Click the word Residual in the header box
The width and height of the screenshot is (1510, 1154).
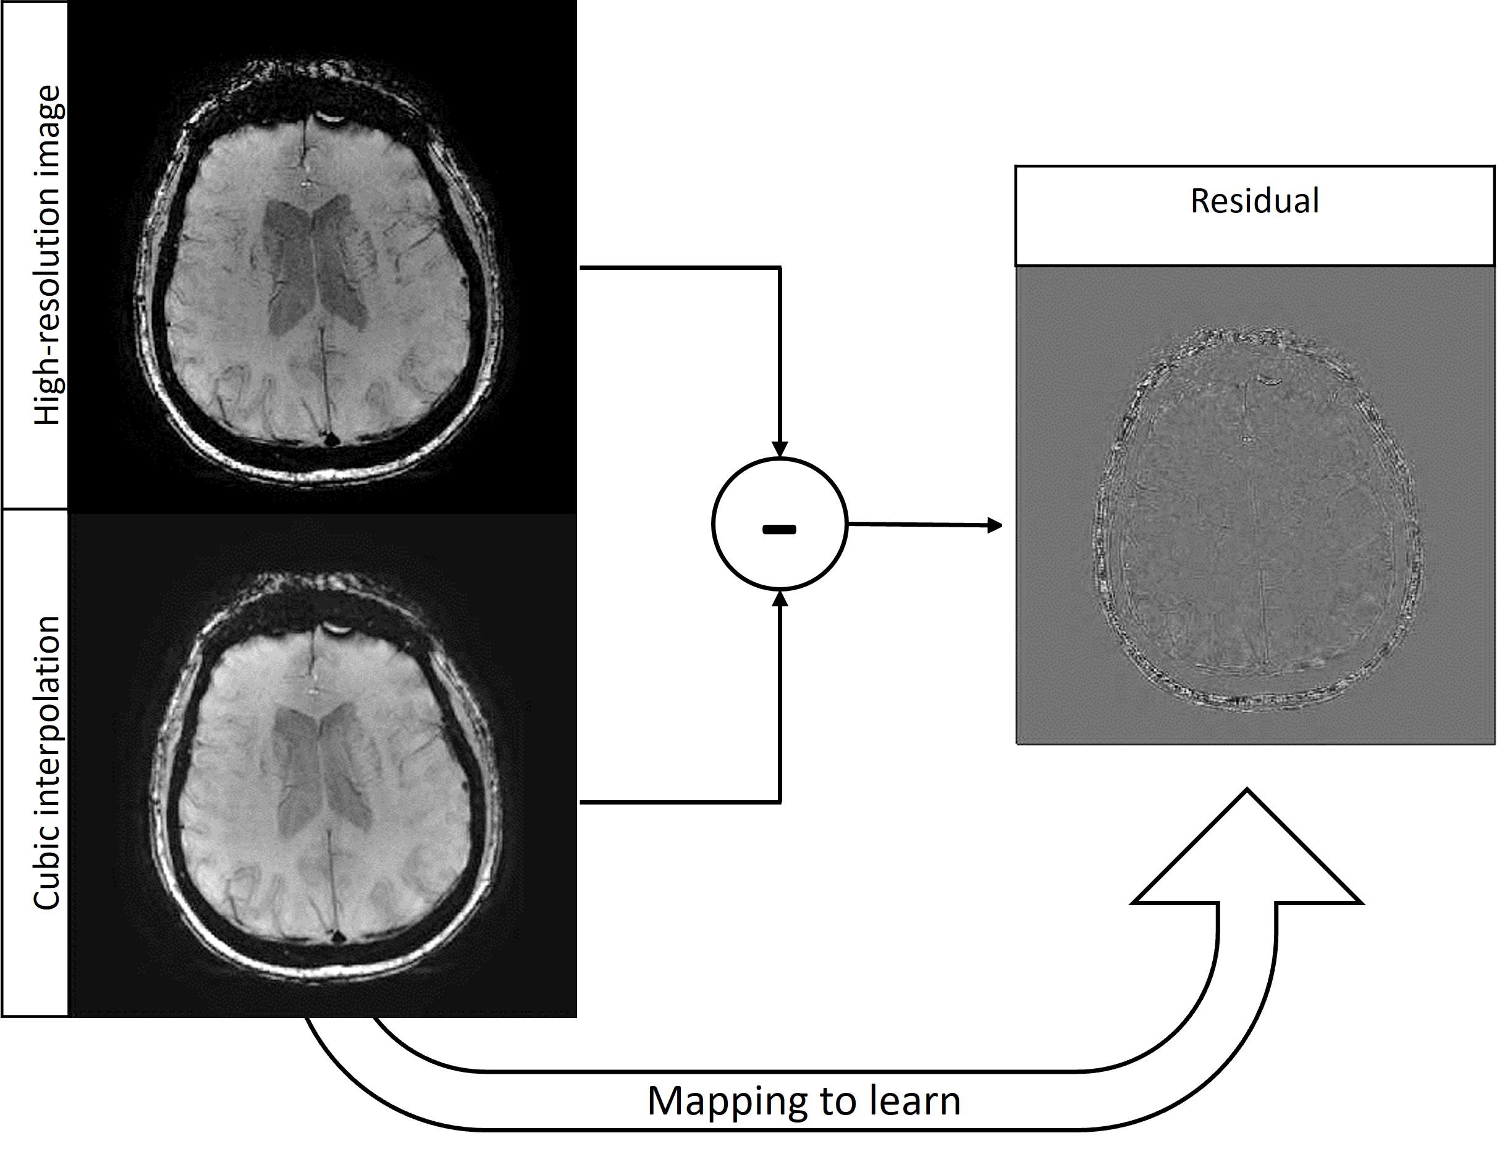point(1254,201)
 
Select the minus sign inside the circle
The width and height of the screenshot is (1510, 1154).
point(779,529)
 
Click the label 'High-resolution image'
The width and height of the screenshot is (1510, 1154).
point(48,256)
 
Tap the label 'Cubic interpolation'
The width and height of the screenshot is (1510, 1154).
point(48,763)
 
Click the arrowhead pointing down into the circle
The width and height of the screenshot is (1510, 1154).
point(779,449)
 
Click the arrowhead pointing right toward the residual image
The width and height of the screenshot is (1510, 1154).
point(994,525)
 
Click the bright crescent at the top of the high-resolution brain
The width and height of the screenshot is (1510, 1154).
point(329,118)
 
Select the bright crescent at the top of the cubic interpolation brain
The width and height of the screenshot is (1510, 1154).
point(336,627)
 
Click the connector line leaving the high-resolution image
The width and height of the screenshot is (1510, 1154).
point(680,267)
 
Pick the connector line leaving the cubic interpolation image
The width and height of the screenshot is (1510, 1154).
point(680,801)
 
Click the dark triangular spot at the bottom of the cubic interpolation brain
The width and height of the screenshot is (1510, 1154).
point(336,936)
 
